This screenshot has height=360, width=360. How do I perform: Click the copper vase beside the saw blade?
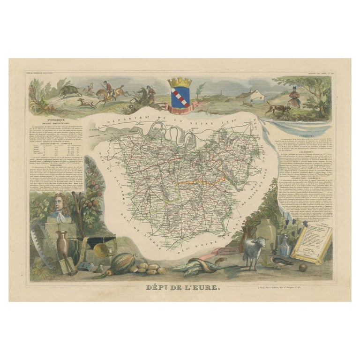pyautogui.click(x=61, y=244)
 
